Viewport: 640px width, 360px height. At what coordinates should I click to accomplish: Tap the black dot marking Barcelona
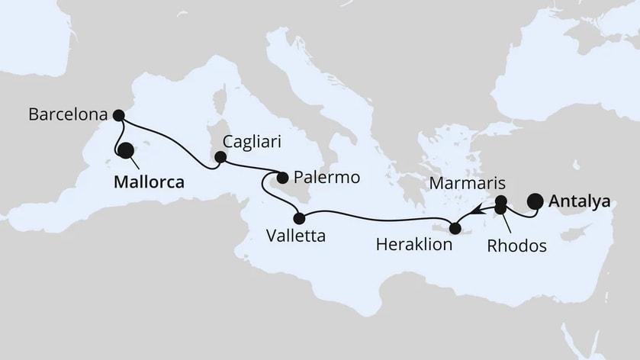tap(118, 116)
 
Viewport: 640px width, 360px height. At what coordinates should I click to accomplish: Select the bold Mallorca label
tap(150, 183)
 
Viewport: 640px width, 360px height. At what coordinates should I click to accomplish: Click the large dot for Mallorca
tap(124, 151)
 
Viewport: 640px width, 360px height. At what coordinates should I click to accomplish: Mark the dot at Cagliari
tap(220, 157)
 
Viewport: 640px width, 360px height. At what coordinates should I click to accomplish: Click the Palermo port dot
tap(281, 178)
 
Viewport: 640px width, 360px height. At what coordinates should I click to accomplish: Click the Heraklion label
tap(415, 246)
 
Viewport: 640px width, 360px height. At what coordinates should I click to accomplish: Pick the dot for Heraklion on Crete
tap(455, 227)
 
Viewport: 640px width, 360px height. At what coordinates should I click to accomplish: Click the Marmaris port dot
tap(501, 201)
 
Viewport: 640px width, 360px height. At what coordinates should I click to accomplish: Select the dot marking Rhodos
tap(500, 209)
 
